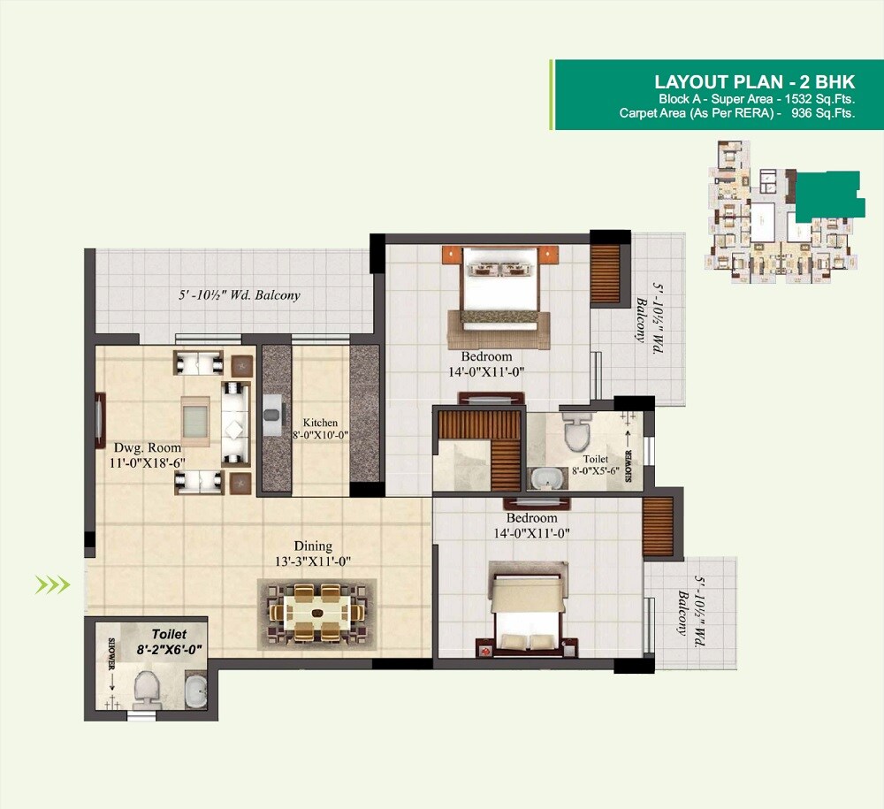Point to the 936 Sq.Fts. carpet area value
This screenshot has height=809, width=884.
[x=823, y=112]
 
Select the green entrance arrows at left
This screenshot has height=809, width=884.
[x=52, y=584]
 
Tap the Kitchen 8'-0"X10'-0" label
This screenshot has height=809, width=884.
[x=320, y=429]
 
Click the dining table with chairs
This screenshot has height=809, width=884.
[x=316, y=610]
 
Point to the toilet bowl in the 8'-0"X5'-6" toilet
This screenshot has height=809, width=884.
[x=575, y=431]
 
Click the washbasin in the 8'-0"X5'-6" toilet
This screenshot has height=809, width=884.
[x=545, y=478]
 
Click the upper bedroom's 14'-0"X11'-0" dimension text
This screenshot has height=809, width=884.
[x=487, y=371]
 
